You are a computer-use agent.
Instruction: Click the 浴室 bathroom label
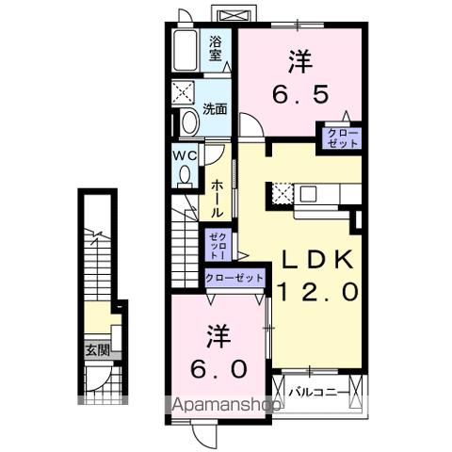(x=216, y=48)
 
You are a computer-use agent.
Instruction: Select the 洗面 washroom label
(x=216, y=109)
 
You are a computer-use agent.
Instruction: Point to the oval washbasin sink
(x=188, y=122)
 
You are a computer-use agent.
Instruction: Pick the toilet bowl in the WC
(x=185, y=175)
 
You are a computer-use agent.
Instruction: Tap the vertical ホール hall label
(x=217, y=199)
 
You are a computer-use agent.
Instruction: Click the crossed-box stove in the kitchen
(x=281, y=193)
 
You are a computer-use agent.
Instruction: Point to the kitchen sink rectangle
(x=311, y=195)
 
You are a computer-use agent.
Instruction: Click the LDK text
(x=315, y=261)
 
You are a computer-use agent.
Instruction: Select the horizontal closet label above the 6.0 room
(x=235, y=278)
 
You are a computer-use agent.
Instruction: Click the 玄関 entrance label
(x=97, y=349)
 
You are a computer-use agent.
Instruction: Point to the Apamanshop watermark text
(x=225, y=407)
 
